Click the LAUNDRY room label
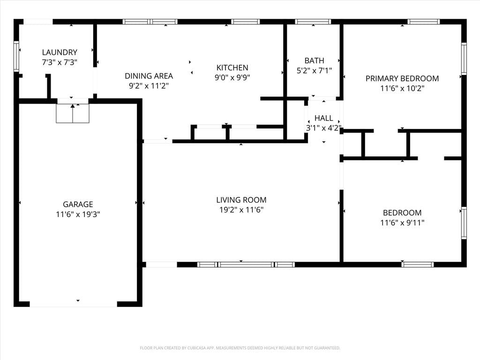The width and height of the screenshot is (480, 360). tap(60, 52)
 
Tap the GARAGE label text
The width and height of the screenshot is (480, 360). tap(78, 204)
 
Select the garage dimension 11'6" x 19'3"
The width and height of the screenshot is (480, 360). tap(78, 214)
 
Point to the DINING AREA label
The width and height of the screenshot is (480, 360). tap(149, 76)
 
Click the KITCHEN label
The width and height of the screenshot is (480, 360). tap(232, 67)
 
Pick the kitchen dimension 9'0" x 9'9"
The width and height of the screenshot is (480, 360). tap(232, 78)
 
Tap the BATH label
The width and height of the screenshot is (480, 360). tap(314, 60)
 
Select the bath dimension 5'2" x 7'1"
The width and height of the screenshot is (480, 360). tap(314, 71)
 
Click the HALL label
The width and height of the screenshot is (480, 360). tap(323, 118)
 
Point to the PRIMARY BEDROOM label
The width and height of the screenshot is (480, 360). tap(402, 78)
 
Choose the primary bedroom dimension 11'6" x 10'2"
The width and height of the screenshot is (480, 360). tap(402, 89)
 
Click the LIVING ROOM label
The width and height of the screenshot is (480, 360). tap(241, 200)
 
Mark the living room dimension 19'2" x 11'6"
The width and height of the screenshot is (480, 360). tap(241, 210)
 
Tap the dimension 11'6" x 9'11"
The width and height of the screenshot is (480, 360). tap(402, 223)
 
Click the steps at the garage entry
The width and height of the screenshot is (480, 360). tap(73, 113)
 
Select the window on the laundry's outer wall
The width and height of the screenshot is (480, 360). tap(16, 56)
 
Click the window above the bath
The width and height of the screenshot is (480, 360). tap(313, 22)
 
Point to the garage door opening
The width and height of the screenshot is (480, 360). tap(74, 304)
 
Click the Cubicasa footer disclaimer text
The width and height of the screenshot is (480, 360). tap(240, 348)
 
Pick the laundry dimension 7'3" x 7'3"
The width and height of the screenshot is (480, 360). tap(60, 62)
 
